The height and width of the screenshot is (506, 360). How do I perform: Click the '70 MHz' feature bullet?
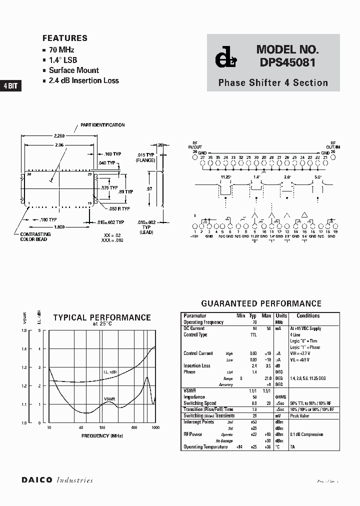pos(61,50)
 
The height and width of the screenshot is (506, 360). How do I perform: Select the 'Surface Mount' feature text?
pos(74,70)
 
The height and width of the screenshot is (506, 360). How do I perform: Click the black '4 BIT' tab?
pos(10,86)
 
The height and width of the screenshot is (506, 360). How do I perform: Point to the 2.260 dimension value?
pos(59,135)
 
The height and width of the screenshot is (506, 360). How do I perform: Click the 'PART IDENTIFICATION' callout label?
pos(102,125)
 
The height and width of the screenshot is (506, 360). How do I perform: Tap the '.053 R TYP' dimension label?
pos(119,208)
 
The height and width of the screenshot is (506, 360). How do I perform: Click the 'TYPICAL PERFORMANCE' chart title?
pos(102,317)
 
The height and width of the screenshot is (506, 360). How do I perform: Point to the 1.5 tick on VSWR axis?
pos(24,330)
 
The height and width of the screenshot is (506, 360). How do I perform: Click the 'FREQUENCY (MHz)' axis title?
pos(102,436)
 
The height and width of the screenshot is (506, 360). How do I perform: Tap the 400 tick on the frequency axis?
pos(134,428)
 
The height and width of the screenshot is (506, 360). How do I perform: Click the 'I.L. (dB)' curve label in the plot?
pos(110,372)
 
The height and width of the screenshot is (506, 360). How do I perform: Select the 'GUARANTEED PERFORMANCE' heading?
pos(261,303)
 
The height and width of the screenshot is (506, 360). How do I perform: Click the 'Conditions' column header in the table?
pos(308,316)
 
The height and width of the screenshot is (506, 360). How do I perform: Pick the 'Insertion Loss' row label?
pos(196,365)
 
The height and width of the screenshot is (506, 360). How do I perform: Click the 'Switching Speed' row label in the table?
pos(199,403)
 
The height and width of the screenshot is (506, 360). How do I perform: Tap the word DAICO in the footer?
pos(37,480)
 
